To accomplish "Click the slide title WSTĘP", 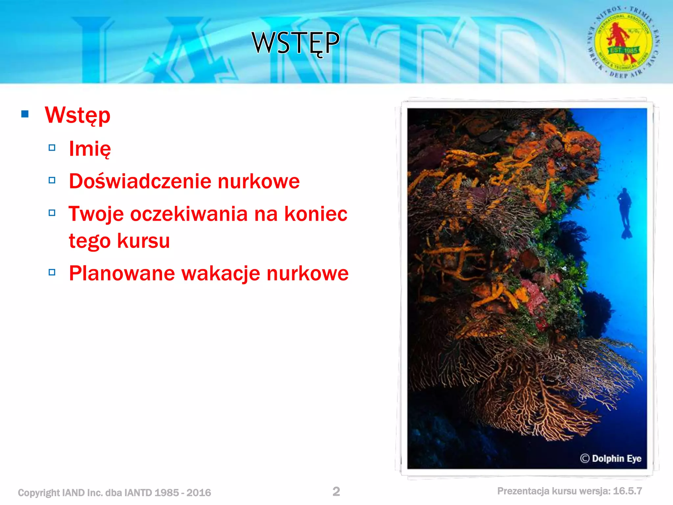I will coord(295,43).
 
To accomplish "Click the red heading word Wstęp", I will coord(78,115).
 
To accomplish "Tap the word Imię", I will coord(90,149).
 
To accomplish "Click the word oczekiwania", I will coord(189,214).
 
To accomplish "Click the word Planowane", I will coord(122,273).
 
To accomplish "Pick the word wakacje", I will coord(220,274).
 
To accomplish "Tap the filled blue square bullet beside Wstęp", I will coord(25,114).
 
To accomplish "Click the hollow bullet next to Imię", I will coord(52,148).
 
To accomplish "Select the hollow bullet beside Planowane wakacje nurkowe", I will coord(52,272).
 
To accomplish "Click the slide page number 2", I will coord(336,492).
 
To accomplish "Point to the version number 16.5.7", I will coord(627,491).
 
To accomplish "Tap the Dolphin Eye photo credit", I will coord(611,458).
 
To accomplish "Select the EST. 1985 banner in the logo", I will coord(623,50).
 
